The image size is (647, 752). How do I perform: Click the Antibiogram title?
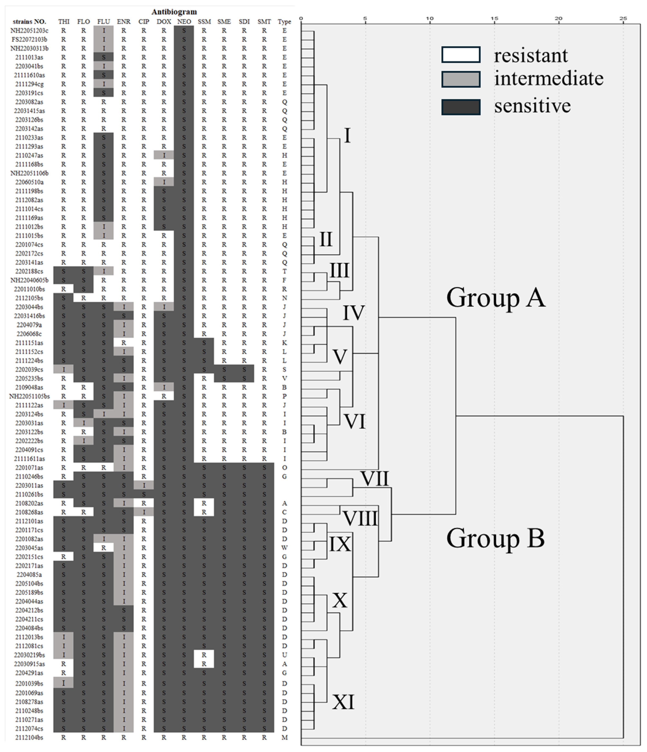point(174,12)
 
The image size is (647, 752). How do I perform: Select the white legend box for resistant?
point(461,55)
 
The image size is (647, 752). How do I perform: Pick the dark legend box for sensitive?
point(461,107)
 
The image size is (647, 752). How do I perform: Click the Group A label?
point(496,298)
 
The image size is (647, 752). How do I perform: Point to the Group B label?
point(496,538)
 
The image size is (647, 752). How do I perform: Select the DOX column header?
point(164,22)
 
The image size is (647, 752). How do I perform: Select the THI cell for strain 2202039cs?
point(64,370)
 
